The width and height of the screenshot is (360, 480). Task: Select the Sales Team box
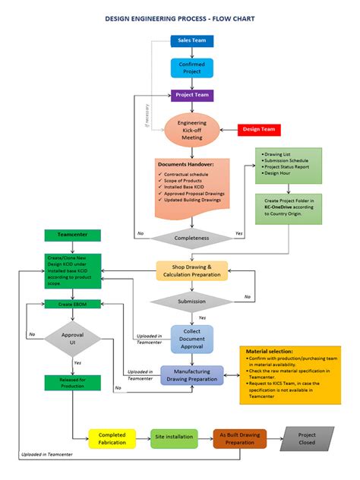pyautogui.click(x=191, y=39)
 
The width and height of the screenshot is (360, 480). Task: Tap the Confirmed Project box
pyautogui.click(x=191, y=68)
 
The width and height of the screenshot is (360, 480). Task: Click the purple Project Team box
pyautogui.click(x=191, y=96)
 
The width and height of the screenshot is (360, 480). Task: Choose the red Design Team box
pyautogui.click(x=259, y=129)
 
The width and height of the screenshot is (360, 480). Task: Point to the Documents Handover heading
pyautogui.click(x=185, y=164)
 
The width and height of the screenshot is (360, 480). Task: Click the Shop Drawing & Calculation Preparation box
pyautogui.click(x=191, y=271)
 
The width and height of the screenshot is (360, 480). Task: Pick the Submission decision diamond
pyautogui.click(x=191, y=301)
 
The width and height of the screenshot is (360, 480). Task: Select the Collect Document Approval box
pyautogui.click(x=191, y=339)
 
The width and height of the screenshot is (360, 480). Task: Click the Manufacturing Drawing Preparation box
pyautogui.click(x=191, y=375)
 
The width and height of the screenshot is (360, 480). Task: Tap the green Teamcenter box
pyautogui.click(x=73, y=236)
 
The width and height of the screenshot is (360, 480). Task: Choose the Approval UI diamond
pyautogui.click(x=73, y=339)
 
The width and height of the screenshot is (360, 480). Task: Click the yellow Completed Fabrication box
pyautogui.click(x=112, y=439)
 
